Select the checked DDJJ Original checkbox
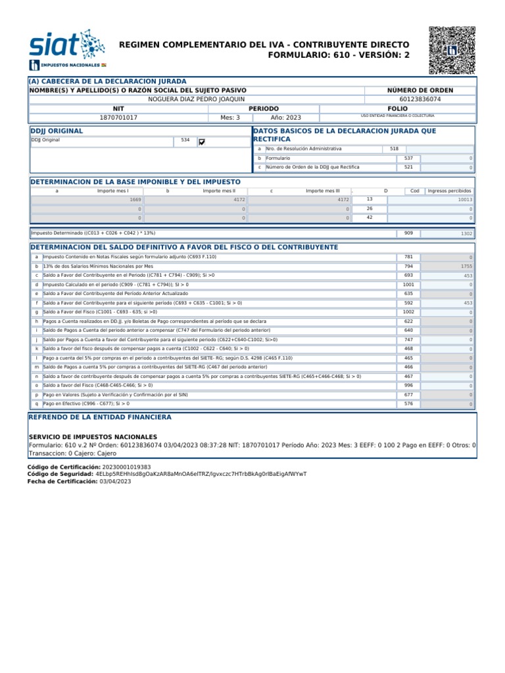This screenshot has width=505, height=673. (201, 141)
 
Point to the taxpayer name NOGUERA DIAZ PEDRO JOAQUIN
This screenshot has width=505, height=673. (197, 99)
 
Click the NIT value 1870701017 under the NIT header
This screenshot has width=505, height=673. (118, 118)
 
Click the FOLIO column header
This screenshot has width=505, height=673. (397, 108)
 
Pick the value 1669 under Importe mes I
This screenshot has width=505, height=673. (135, 199)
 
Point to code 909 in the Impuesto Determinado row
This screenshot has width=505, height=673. (408, 233)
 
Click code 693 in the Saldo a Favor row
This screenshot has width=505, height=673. (408, 275)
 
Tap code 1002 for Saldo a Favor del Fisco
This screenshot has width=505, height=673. (408, 312)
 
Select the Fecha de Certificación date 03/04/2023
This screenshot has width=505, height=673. (115, 481)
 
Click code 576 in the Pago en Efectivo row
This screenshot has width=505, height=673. (408, 404)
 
